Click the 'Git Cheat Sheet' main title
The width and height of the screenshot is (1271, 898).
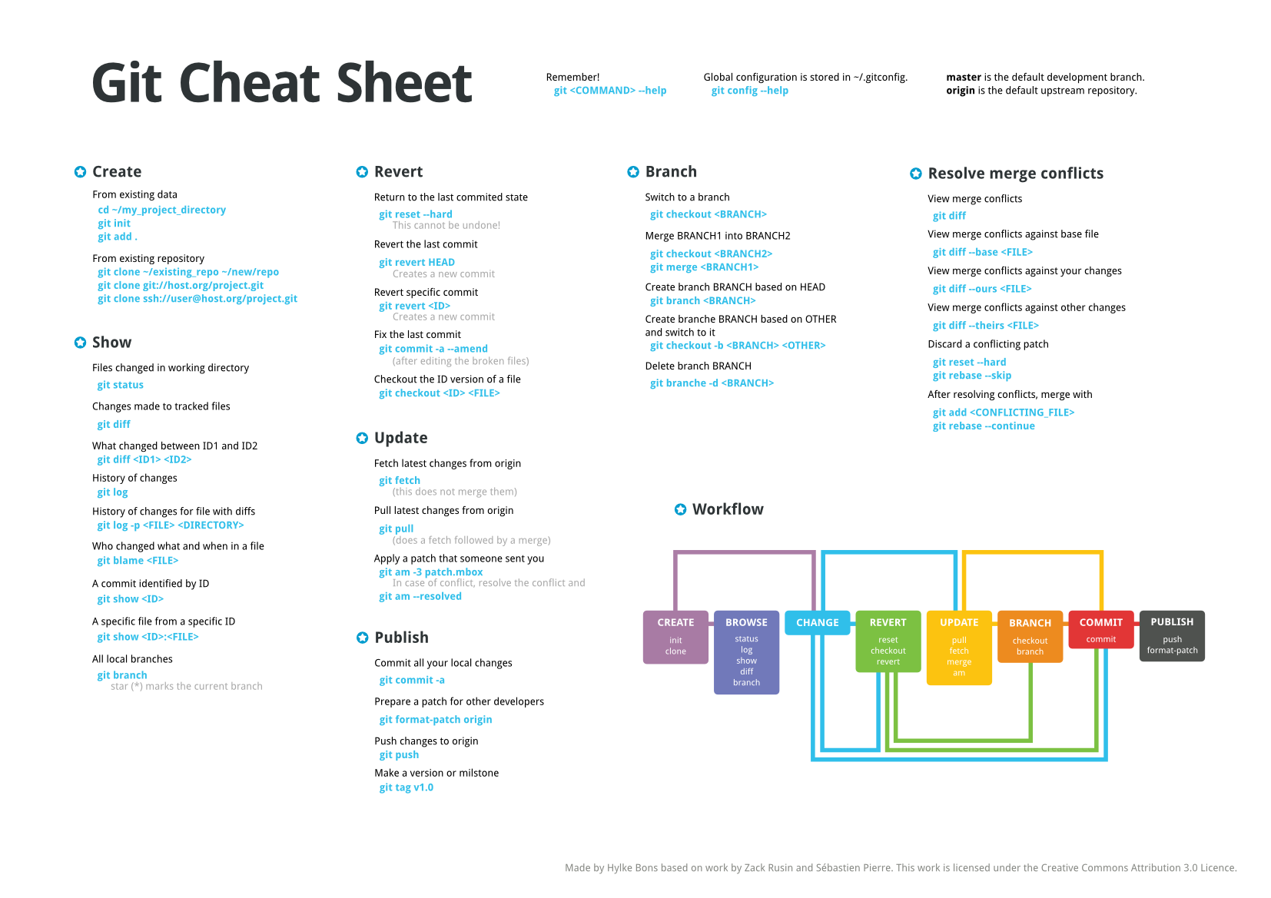[x=281, y=83]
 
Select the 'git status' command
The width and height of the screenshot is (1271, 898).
[x=120, y=385]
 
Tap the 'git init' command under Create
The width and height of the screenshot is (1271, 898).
[x=114, y=224]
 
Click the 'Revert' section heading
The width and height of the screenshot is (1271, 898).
[x=398, y=172]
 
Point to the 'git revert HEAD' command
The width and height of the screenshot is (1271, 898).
[x=416, y=262]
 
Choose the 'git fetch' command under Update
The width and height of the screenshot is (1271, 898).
[x=400, y=480]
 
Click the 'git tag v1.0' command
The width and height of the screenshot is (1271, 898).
[x=406, y=787]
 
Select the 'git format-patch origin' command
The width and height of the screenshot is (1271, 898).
[x=435, y=720]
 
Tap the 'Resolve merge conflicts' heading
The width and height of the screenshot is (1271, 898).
[x=1015, y=174]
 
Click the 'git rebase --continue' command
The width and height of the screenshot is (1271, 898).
[x=984, y=426]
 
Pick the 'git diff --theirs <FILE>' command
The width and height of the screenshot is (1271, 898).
[x=985, y=326]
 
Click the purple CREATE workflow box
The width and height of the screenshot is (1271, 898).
[x=675, y=637]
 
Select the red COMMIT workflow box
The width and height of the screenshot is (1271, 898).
[x=1101, y=629]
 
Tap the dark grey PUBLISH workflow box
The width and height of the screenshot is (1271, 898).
[x=1172, y=635]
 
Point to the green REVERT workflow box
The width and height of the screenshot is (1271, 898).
[x=888, y=641]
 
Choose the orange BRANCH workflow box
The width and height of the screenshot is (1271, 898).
[x=1030, y=636]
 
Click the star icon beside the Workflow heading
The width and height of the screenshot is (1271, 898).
[x=680, y=509]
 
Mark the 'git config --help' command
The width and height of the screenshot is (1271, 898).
[x=749, y=91]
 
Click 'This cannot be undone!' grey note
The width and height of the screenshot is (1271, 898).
[x=446, y=225]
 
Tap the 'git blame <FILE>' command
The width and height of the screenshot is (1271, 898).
[x=137, y=561]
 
